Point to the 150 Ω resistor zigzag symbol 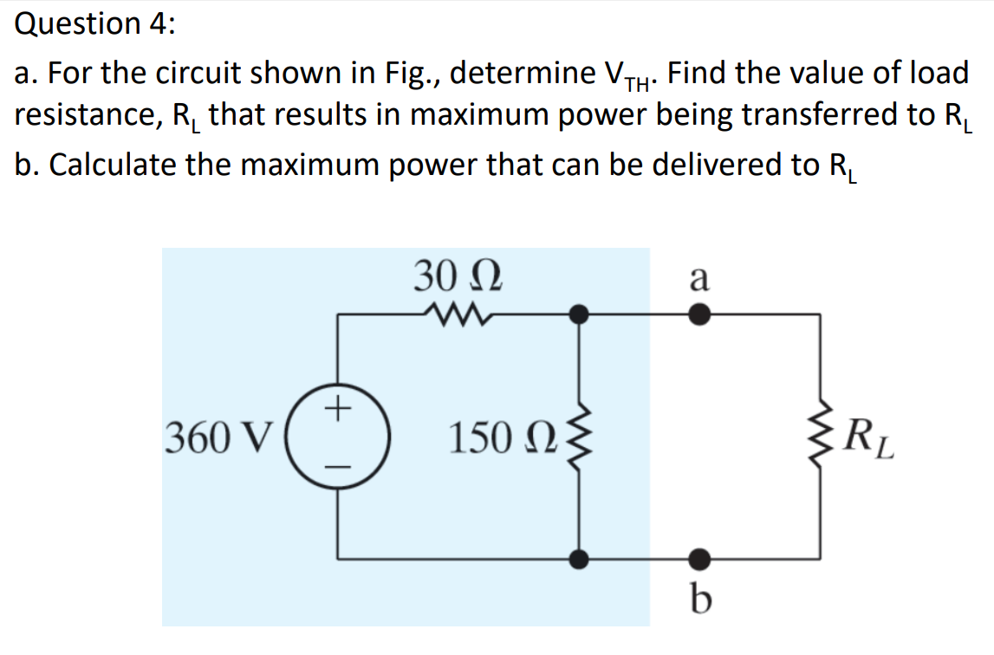(579, 438)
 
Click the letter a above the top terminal (699, 279)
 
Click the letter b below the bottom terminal (699, 598)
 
